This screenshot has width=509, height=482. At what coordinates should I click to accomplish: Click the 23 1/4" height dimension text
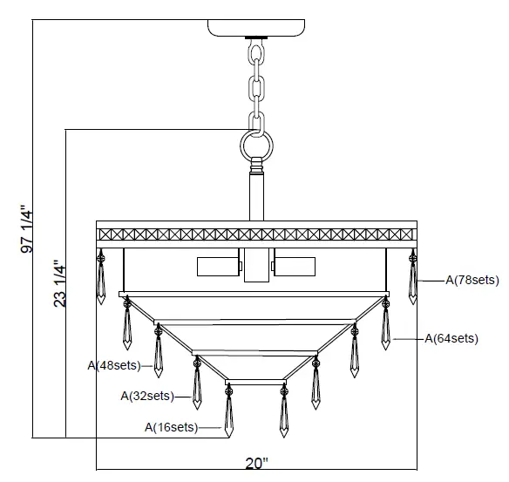[58, 283]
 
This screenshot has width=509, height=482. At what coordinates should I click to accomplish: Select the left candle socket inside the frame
[217, 267]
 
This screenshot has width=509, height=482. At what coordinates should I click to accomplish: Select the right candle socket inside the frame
[296, 267]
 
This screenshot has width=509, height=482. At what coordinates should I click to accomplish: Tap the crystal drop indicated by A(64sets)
[385, 327]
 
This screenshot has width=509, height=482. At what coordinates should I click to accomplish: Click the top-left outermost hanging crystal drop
[101, 279]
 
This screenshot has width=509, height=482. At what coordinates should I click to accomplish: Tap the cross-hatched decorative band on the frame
[257, 234]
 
